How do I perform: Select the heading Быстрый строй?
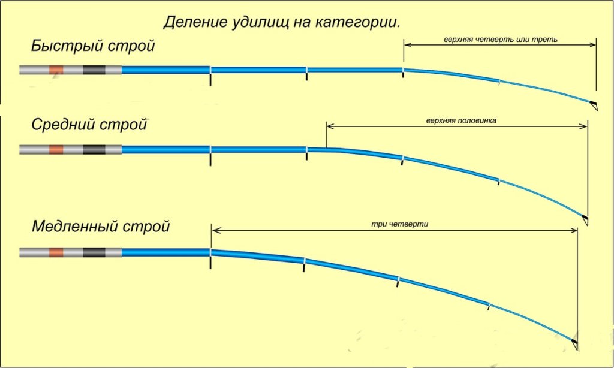point(93,46)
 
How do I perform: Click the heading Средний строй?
point(89,125)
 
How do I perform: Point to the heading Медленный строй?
point(101,227)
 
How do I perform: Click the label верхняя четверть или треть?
point(501,40)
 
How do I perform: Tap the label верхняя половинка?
point(461,120)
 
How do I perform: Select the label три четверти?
point(400,224)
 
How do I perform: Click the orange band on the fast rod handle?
point(56,70)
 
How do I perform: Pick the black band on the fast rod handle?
point(94,70)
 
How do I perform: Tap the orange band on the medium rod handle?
point(56,150)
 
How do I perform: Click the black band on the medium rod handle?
point(94,150)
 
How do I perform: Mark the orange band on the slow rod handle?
point(56,252)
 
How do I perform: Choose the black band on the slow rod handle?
point(94,252)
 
